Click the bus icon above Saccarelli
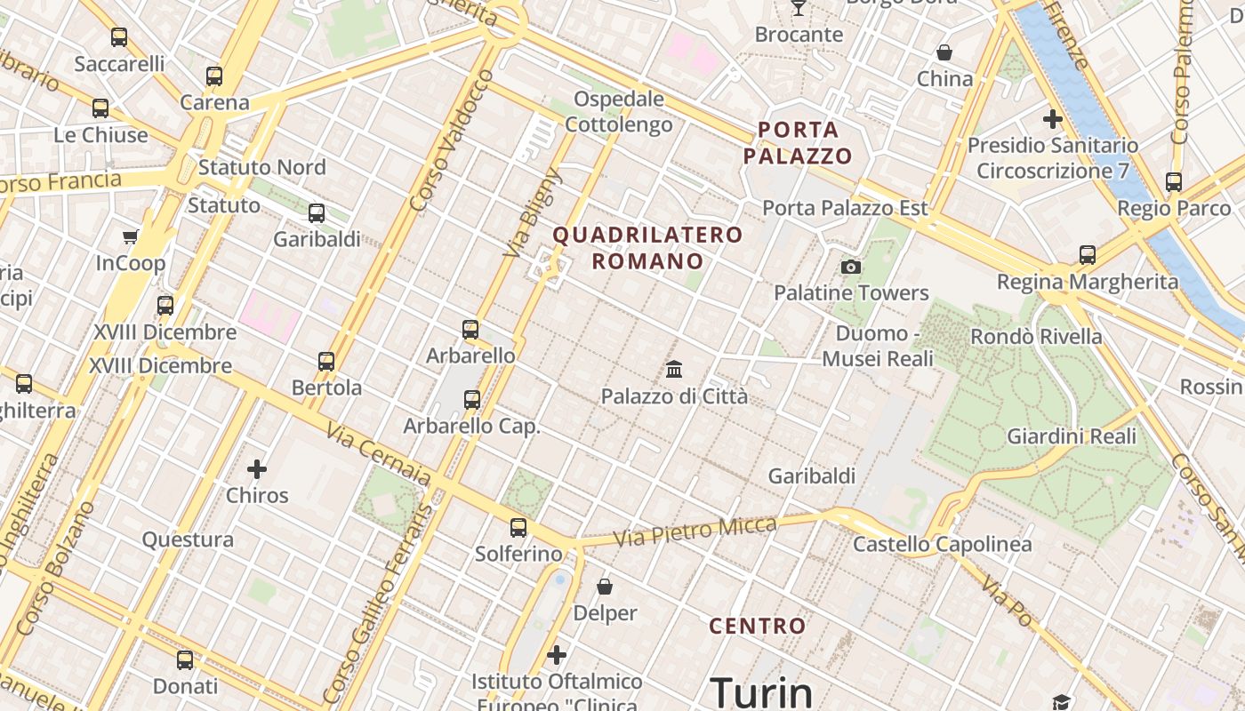118,37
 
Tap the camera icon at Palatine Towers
851,267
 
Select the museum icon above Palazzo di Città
674,369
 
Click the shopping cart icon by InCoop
131,236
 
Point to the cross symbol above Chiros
257,468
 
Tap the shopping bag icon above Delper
605,587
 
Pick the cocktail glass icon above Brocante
799,8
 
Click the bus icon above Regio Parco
1174,182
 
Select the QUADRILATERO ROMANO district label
647,248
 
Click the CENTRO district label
758,626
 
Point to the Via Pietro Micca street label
695,531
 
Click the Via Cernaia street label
378,454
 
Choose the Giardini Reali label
1072,436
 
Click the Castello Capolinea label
943,544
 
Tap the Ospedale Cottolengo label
619,111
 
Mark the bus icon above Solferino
518,528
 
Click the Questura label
189,539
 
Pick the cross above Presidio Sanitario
1053,118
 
